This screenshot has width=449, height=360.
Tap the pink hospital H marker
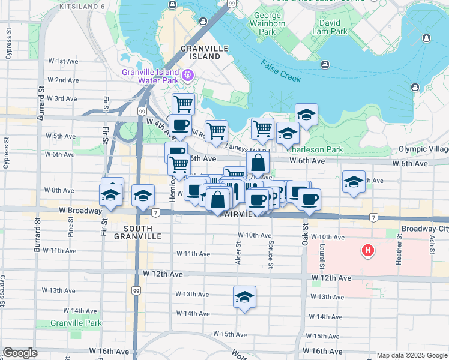point(368,249)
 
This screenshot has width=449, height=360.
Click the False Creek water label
point(280,72)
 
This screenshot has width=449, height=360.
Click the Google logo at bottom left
point(20,353)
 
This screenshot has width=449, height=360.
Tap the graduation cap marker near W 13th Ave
point(244,297)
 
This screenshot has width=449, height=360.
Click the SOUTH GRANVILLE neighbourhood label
point(142,232)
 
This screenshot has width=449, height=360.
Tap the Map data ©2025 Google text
point(411,355)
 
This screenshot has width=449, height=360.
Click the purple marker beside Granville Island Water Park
point(188,75)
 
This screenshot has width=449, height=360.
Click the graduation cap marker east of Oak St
point(353,181)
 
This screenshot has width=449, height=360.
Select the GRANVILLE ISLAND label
point(204,52)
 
